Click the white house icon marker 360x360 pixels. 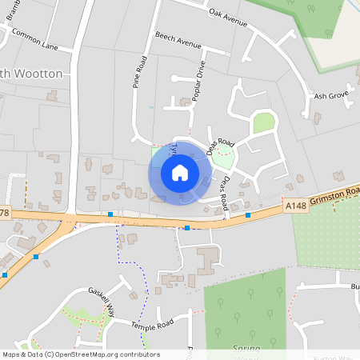(179, 172)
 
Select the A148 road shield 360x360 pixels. (294, 206)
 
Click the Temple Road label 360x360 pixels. (152, 326)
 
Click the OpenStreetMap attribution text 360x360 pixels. (80, 354)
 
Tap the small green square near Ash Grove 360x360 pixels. (263, 122)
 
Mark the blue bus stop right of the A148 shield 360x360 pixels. (248, 215)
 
